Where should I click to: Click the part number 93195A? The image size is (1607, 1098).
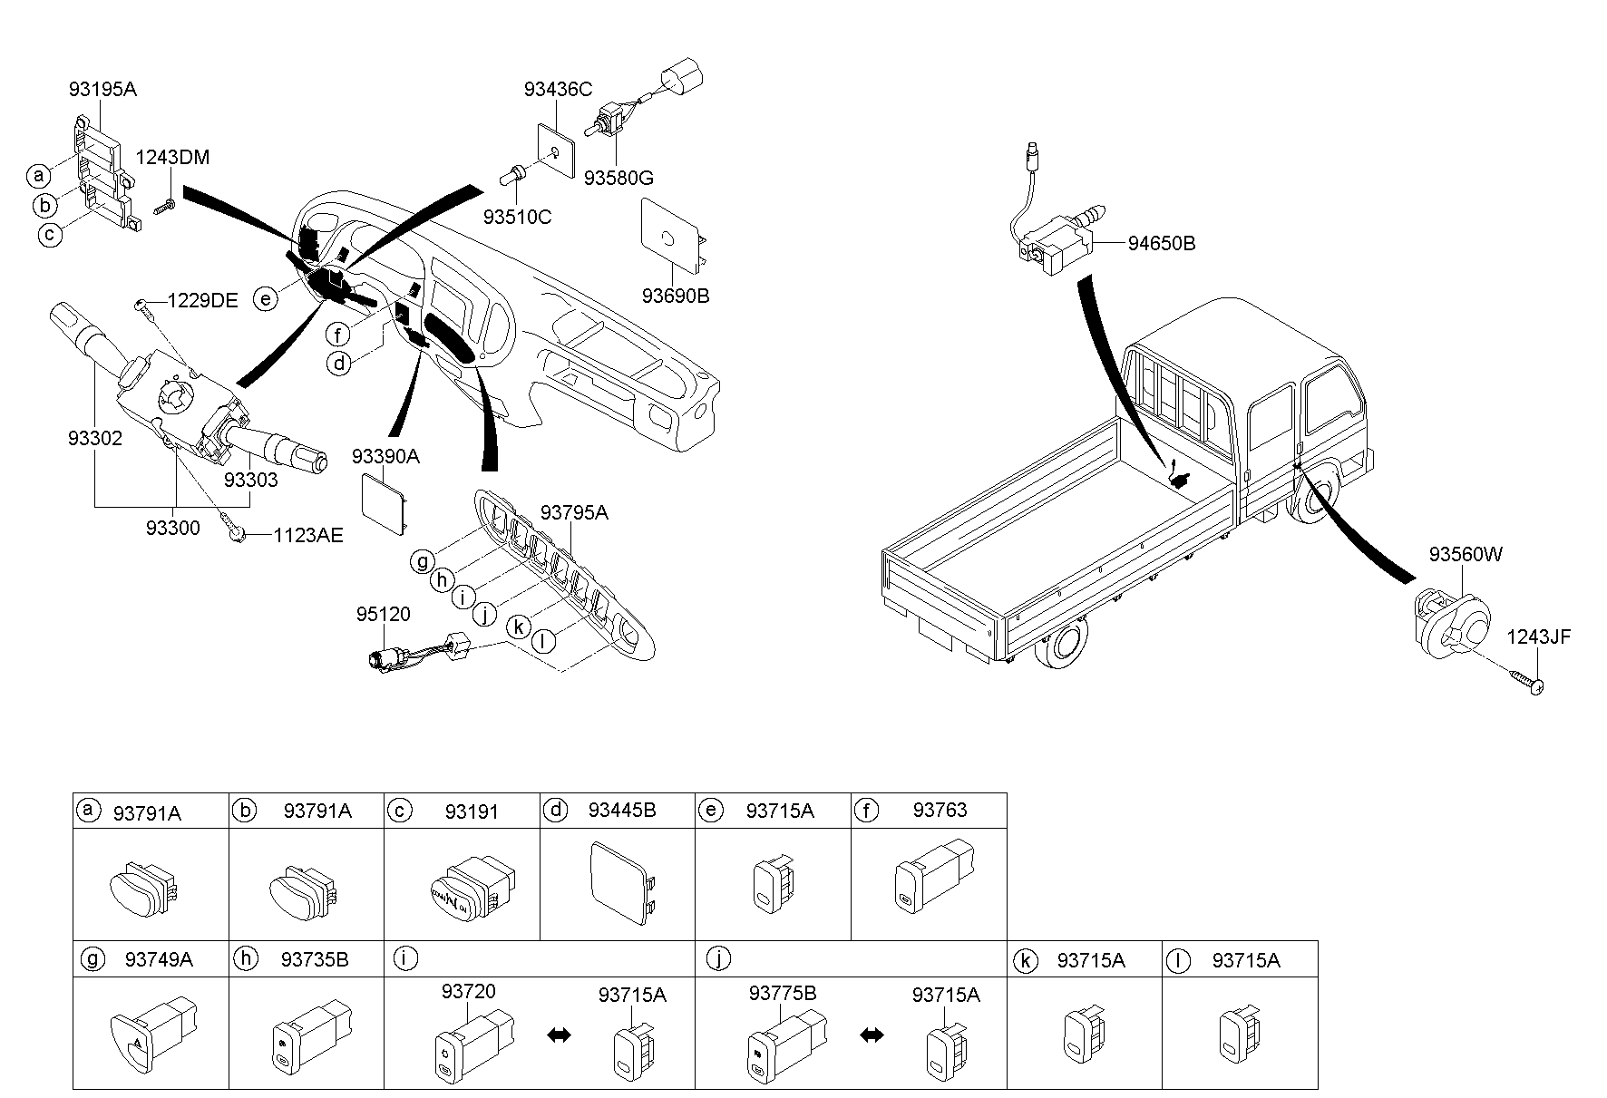coord(102,89)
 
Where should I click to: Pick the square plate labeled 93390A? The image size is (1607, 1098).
coord(385,499)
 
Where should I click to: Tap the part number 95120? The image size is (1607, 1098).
coord(382,614)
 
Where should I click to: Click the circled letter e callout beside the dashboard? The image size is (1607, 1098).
coord(265,298)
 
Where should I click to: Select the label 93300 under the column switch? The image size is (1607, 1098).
coord(172,527)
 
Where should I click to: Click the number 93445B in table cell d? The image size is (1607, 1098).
coord(621,810)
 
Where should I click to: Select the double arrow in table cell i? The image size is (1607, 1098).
coord(559,1035)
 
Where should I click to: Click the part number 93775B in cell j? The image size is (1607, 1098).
coord(783,993)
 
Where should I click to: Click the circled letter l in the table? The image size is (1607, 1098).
coord(1177,961)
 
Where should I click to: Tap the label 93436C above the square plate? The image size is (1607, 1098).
coord(558,89)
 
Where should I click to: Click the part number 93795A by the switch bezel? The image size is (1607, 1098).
coord(574,513)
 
